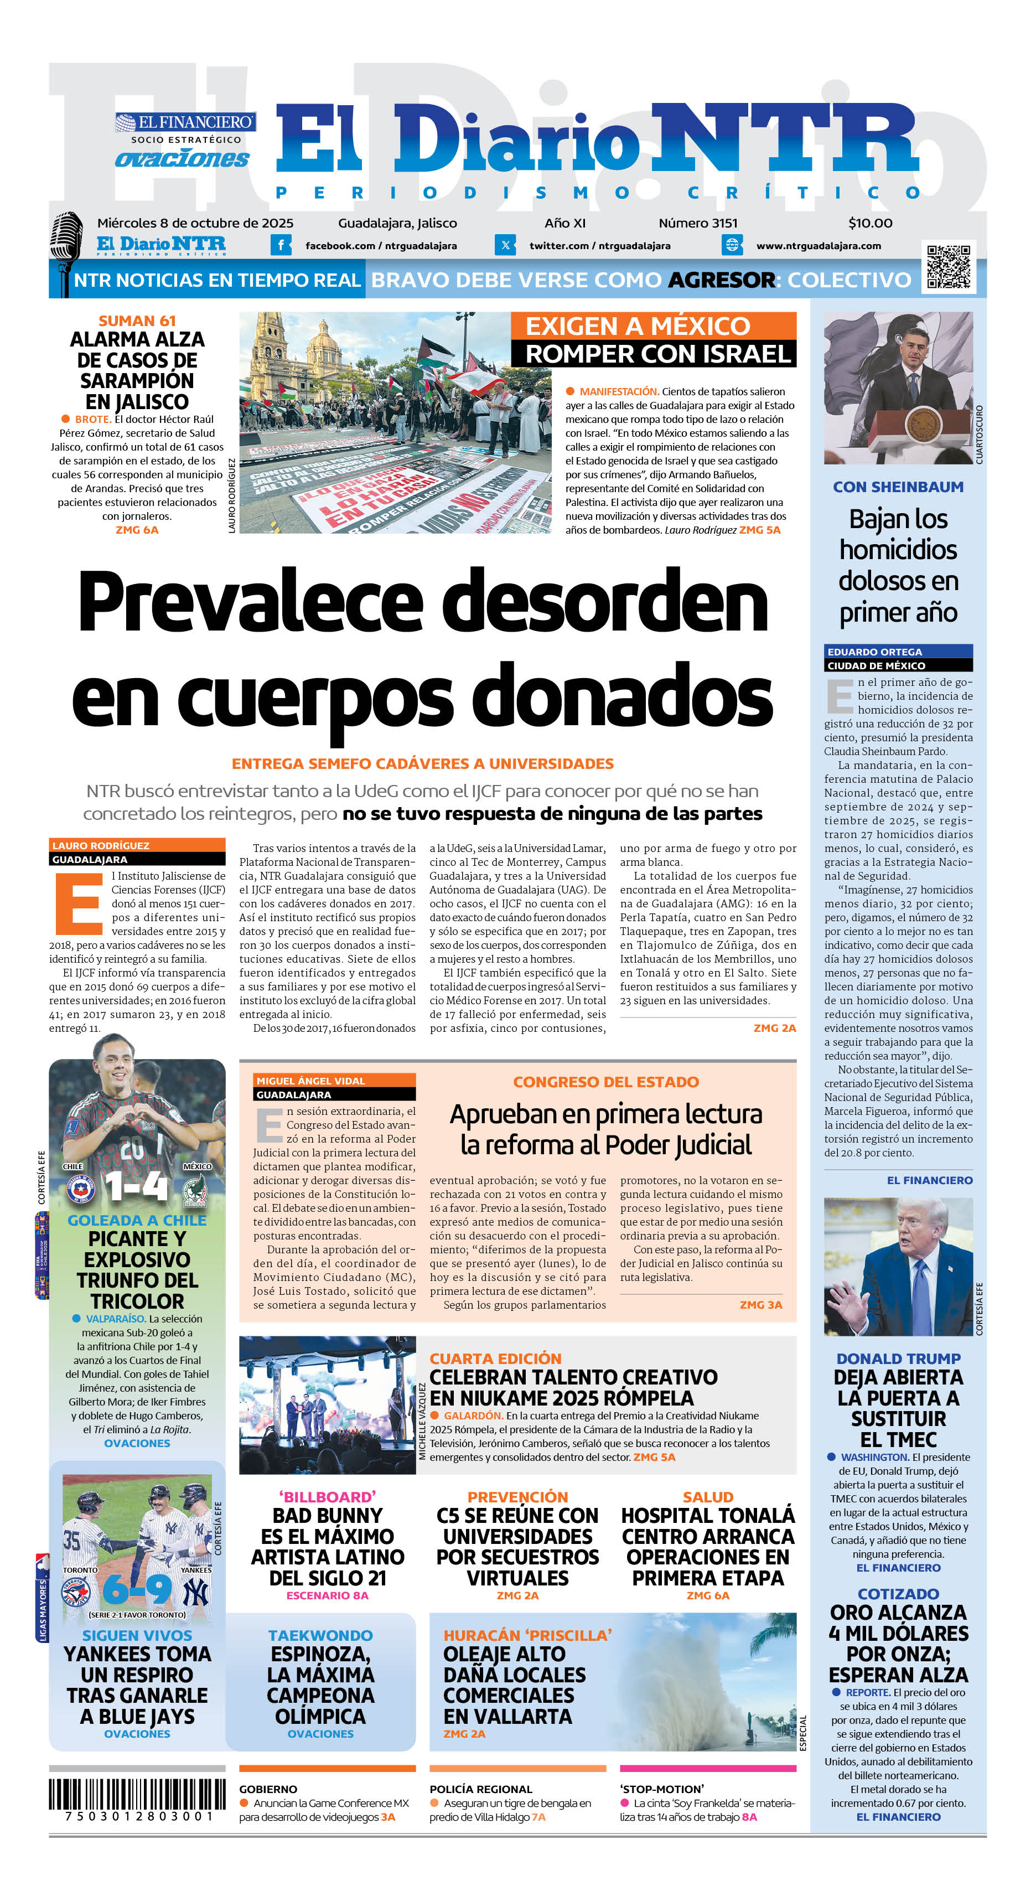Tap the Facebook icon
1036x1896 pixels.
coord(281,245)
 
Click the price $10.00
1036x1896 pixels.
coord(870,223)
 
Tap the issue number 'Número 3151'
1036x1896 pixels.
coord(697,223)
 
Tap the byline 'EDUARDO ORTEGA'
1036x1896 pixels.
coord(874,652)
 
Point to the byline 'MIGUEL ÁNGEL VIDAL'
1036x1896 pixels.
coord(310,1081)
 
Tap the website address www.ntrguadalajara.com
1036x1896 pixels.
coord(818,246)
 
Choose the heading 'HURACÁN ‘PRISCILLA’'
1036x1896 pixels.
coord(527,1635)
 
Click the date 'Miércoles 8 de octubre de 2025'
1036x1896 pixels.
coord(195,223)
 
